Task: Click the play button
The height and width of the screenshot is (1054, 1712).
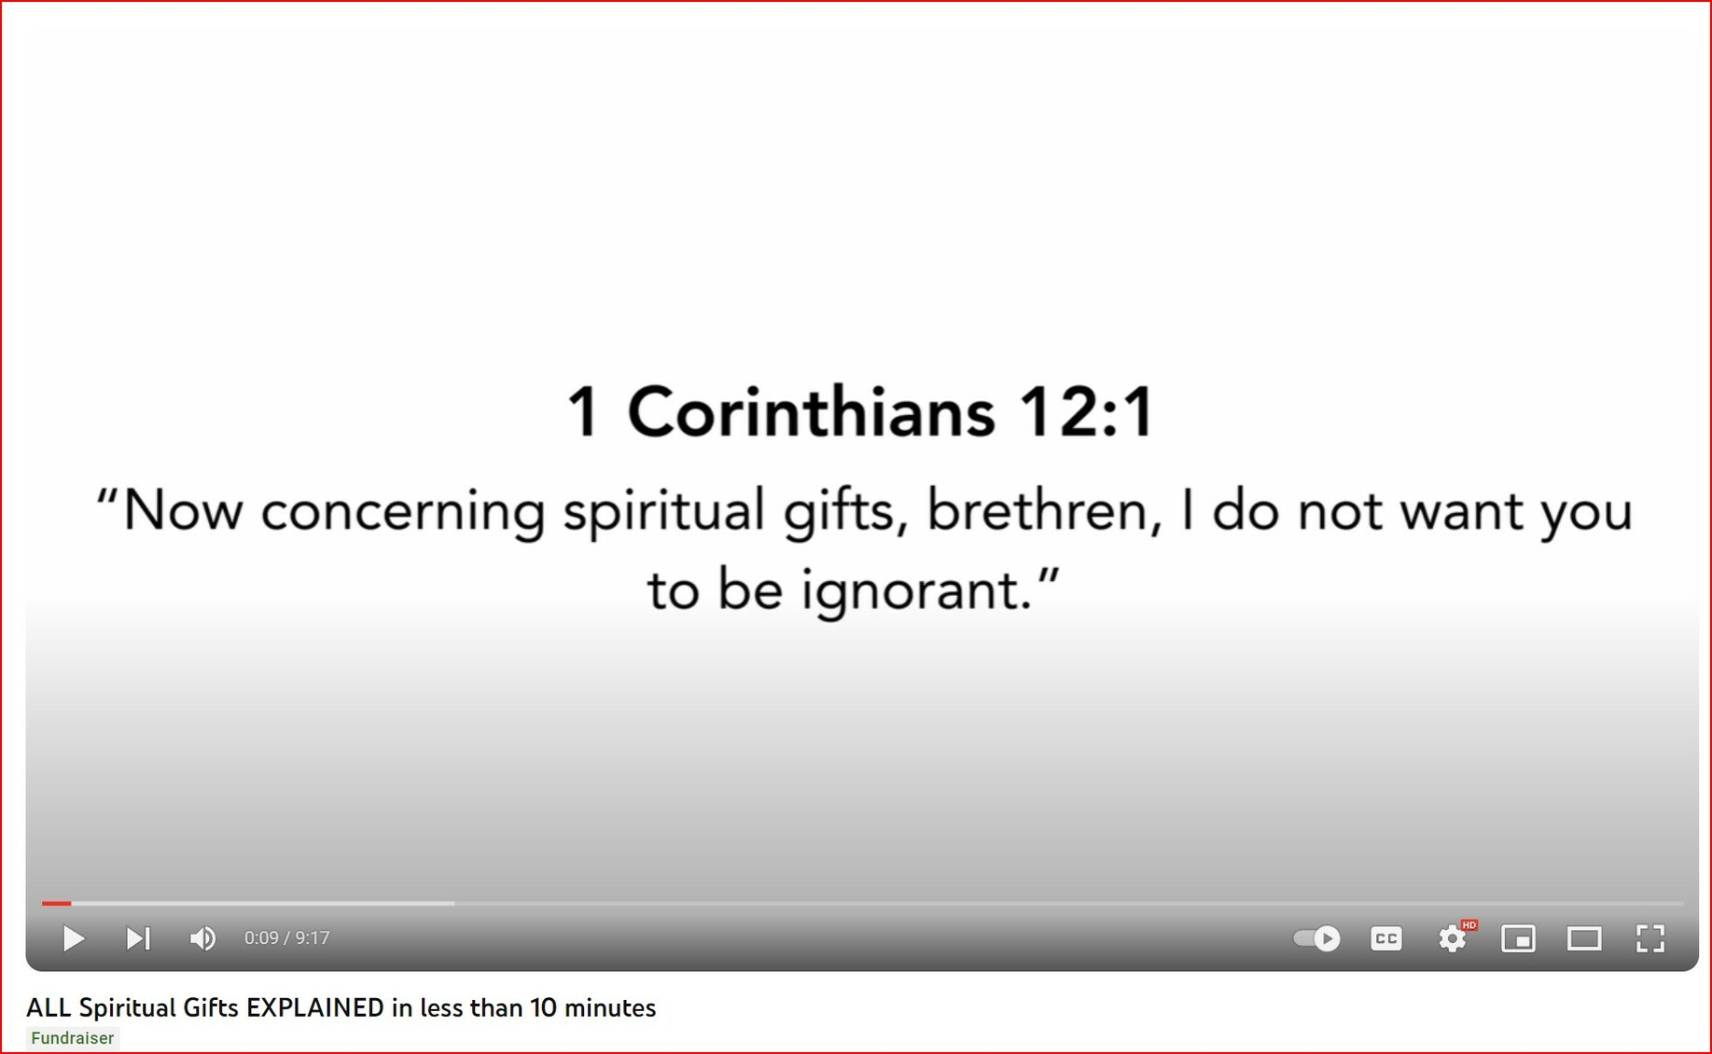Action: pyautogui.click(x=74, y=938)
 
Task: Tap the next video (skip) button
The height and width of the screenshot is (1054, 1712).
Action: pyautogui.click(x=138, y=938)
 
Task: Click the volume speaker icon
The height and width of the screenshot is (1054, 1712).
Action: pyautogui.click(x=202, y=938)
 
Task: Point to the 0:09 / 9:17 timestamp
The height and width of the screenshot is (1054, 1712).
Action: pyautogui.click(x=287, y=938)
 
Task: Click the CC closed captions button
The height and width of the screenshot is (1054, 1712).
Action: pyautogui.click(x=1386, y=938)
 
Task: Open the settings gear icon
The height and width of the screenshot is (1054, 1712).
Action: pyautogui.click(x=1453, y=938)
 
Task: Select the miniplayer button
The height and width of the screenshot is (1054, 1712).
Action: pyautogui.click(x=1519, y=938)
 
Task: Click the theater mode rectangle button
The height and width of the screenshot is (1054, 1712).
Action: pyautogui.click(x=1584, y=938)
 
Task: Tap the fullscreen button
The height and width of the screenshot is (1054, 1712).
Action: pyautogui.click(x=1650, y=938)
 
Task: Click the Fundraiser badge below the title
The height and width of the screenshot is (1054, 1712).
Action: pyautogui.click(x=73, y=1038)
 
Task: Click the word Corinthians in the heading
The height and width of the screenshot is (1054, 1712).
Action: pyautogui.click(x=811, y=412)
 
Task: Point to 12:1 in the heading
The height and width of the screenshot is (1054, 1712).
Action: pyautogui.click(x=1087, y=412)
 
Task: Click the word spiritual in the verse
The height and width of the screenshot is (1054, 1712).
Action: pyautogui.click(x=664, y=513)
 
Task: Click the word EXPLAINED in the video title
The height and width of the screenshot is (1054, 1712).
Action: pyautogui.click(x=315, y=1007)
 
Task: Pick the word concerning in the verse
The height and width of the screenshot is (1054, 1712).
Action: pyautogui.click(x=403, y=513)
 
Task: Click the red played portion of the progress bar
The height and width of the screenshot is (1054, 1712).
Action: pyautogui.click(x=56, y=903)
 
